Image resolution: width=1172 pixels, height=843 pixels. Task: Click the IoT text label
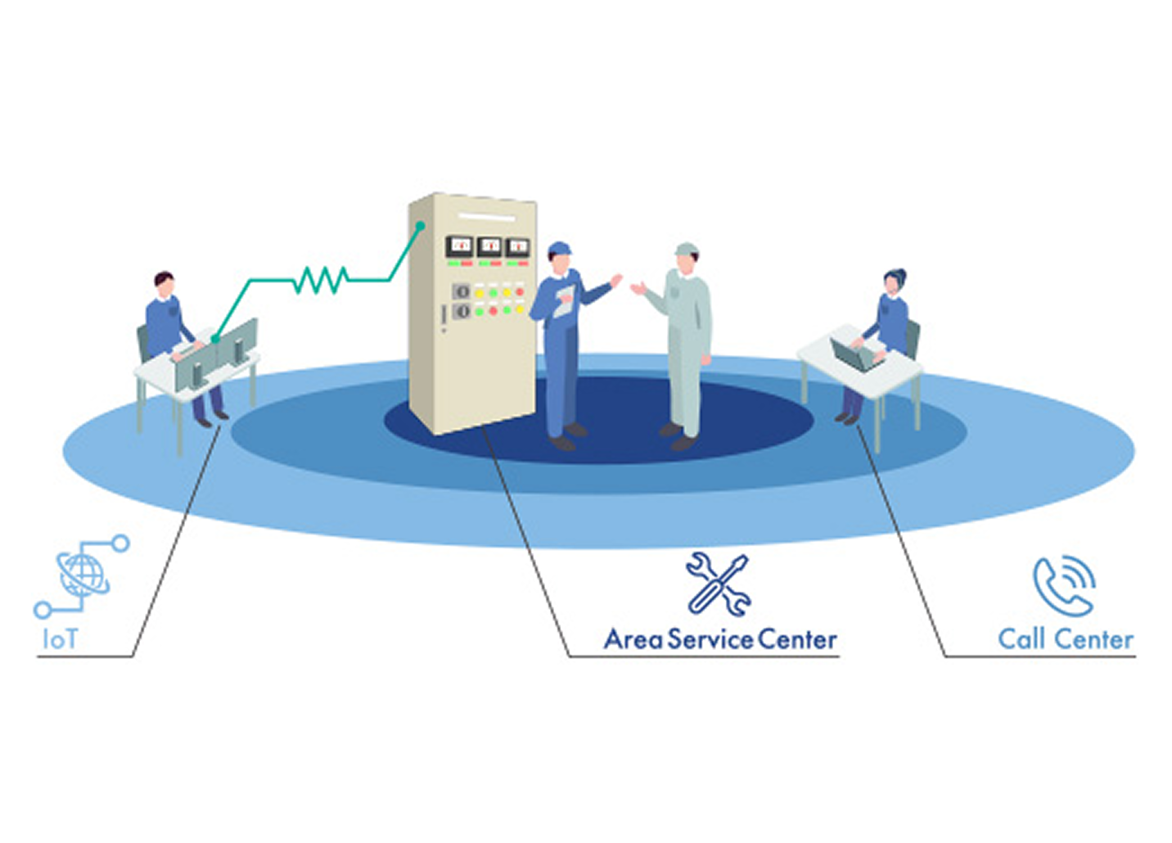(60, 638)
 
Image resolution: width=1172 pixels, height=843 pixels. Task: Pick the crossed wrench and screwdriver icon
(718, 584)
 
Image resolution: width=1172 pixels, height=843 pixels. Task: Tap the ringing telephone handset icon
(1063, 584)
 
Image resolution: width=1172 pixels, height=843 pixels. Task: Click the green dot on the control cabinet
(421, 225)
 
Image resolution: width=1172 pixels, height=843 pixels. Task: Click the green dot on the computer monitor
(214, 339)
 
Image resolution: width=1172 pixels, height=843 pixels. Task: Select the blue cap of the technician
(560, 247)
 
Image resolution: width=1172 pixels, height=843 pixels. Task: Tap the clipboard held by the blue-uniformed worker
(564, 301)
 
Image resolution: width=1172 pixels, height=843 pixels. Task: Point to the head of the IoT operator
(165, 283)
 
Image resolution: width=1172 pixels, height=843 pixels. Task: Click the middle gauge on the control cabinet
(489, 245)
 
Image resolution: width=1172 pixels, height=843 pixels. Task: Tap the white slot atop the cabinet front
(488, 217)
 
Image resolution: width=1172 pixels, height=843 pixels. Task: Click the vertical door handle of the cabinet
(444, 317)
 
